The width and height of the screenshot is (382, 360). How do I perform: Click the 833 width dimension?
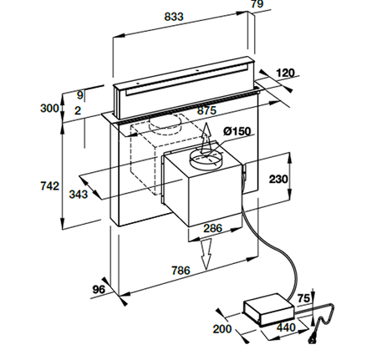click(x=174, y=17)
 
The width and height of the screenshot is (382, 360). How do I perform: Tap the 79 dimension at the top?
click(x=257, y=4)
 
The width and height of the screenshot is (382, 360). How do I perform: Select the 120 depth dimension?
click(x=285, y=74)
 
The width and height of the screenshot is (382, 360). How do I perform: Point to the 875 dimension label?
click(x=206, y=110)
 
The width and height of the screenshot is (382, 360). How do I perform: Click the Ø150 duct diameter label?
click(x=237, y=131)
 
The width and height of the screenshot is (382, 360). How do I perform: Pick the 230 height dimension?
click(x=278, y=179)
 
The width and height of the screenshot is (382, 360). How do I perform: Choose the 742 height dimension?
click(x=50, y=186)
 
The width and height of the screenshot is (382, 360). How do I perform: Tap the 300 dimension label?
click(x=49, y=109)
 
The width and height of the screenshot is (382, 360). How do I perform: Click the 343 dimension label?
click(x=79, y=195)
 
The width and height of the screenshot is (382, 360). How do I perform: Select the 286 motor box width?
click(x=213, y=228)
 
